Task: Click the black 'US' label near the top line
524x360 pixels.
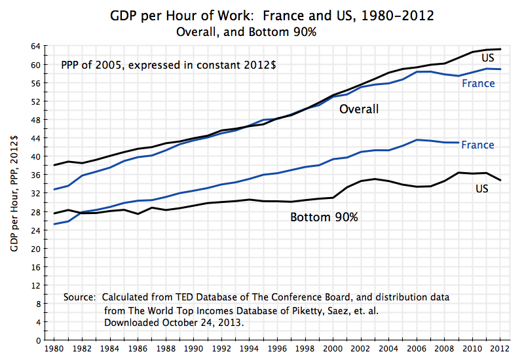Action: (488, 58)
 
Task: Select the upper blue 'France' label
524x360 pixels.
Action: (478, 83)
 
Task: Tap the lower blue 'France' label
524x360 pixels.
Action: (477, 145)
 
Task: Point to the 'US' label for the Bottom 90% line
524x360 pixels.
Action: (482, 189)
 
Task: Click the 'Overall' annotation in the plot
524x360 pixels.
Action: (358, 109)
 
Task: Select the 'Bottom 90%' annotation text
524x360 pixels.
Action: (324, 217)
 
